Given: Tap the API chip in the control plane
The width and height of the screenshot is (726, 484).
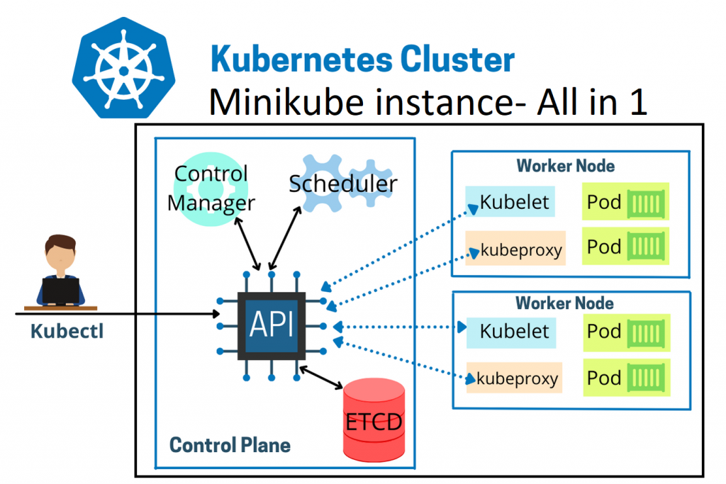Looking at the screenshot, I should (272, 325).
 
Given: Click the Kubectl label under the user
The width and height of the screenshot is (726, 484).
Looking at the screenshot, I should (67, 331).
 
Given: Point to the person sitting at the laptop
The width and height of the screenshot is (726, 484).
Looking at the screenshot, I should (60, 273).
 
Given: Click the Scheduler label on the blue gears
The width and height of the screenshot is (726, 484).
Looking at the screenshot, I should (343, 184).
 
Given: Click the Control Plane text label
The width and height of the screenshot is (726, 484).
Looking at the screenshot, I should (230, 446).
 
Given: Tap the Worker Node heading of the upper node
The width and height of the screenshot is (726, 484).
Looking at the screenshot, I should (565, 166).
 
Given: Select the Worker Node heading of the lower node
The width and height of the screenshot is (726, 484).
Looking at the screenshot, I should (565, 303).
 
